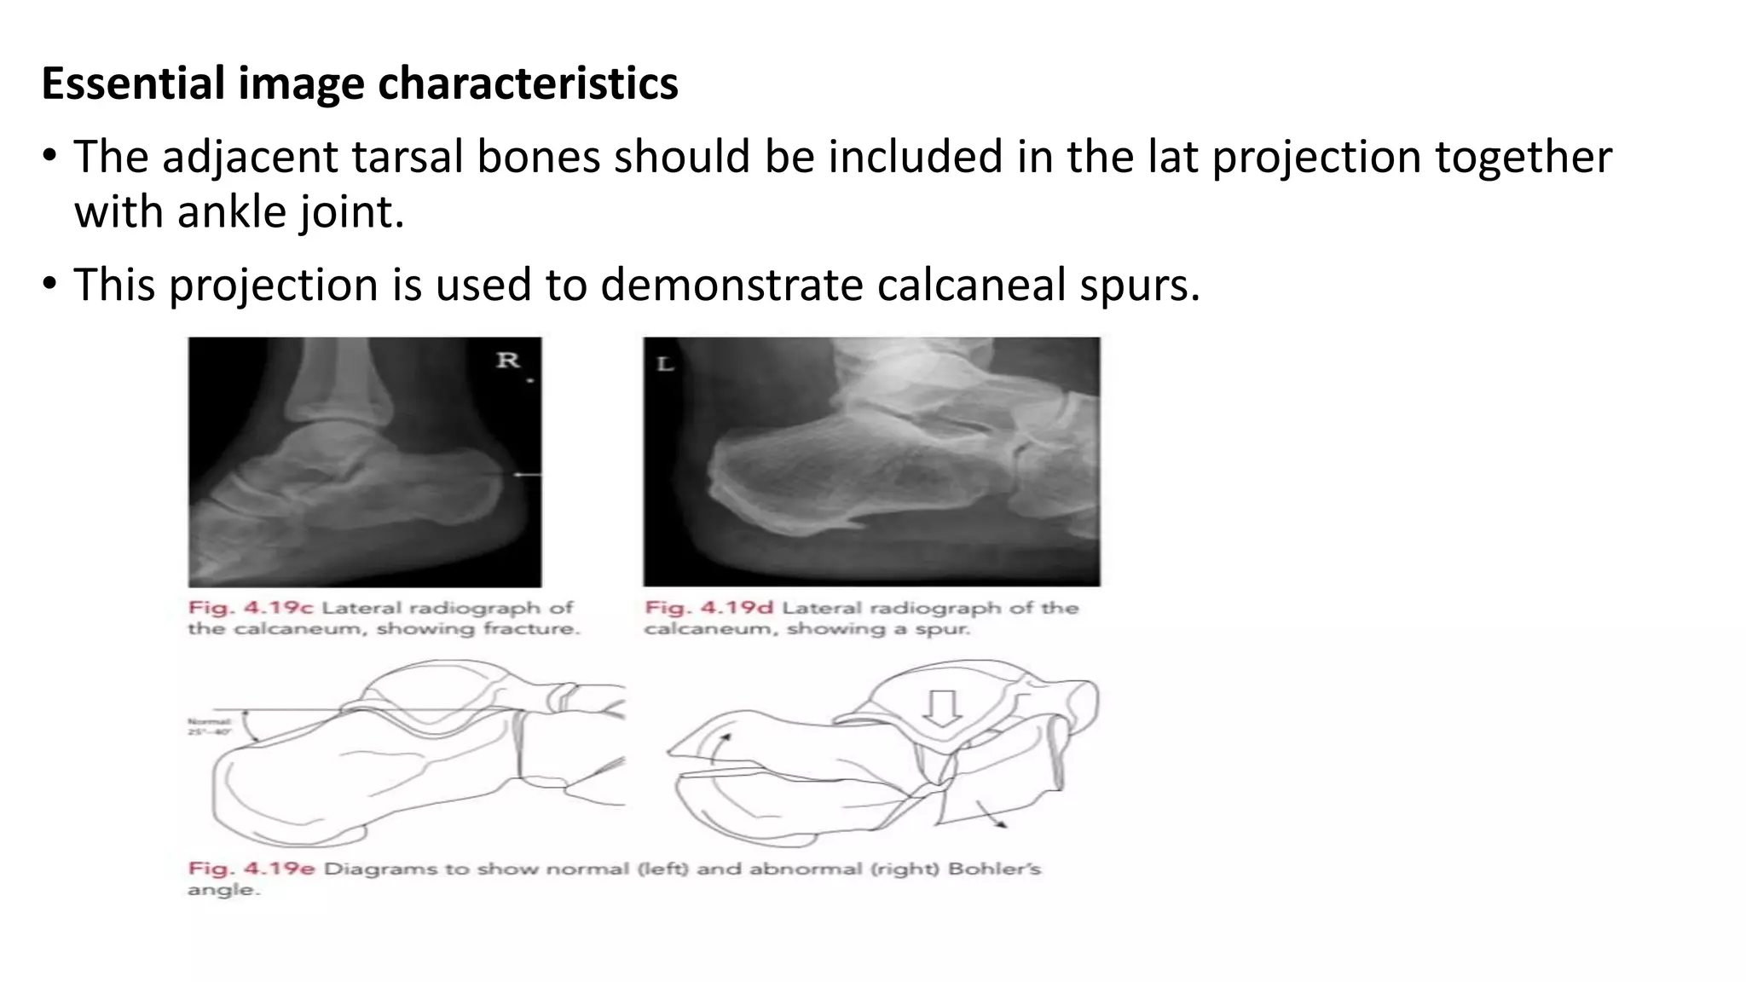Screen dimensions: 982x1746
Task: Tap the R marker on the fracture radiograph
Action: pos(508,361)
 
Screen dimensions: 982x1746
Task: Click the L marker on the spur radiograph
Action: pos(665,365)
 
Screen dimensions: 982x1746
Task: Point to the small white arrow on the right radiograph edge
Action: pos(527,474)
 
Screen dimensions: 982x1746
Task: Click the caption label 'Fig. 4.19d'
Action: pos(708,608)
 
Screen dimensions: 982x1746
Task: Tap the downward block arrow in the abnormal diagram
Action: pos(942,708)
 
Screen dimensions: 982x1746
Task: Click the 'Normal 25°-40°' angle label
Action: pos(208,727)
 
